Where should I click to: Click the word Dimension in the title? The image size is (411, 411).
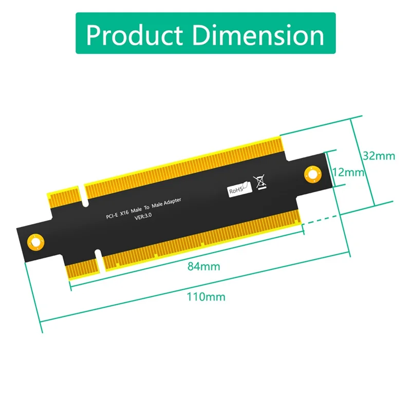tap(261, 34)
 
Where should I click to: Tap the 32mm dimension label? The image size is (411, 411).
tap(378, 155)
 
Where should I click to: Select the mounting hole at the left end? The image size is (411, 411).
tap(35, 241)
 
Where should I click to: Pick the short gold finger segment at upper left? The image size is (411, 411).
tap(63, 199)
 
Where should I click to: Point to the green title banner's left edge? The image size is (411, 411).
tap(77, 33)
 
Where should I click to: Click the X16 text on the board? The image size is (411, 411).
tap(125, 213)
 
